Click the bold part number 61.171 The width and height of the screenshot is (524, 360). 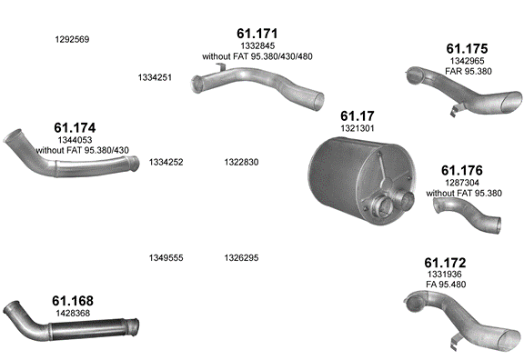point(257,34)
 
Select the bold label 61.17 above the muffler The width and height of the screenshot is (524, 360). point(358,115)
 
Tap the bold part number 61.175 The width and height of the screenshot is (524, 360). point(467,49)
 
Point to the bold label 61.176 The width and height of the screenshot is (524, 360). point(462,170)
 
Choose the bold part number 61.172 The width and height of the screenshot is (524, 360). point(445,263)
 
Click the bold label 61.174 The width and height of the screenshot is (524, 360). point(75,128)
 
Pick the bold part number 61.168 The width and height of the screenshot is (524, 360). point(73,301)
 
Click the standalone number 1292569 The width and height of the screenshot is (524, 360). point(72,39)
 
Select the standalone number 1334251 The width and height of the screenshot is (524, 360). point(155,77)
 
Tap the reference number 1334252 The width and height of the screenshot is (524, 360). point(166,163)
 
